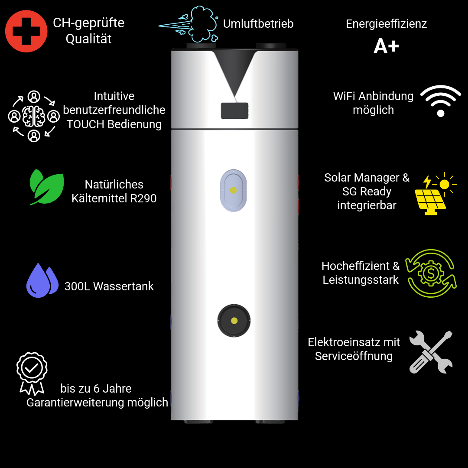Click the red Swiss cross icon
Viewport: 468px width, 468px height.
pos(26,31)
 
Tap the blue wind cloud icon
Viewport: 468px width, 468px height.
pos(188,24)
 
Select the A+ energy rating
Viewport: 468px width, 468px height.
pos(386,46)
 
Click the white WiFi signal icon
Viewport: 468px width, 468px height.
pos(441,101)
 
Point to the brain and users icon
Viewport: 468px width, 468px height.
pos(34,116)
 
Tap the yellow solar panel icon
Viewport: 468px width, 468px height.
pos(435,193)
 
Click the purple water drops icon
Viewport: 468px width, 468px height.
pos(42,280)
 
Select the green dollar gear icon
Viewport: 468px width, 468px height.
pos(431,273)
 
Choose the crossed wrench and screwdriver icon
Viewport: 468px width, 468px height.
pos(431,352)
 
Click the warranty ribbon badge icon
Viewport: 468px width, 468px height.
pos(32,374)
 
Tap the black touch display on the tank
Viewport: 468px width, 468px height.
pos(234,111)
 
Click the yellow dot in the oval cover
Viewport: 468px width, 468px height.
pos(234,190)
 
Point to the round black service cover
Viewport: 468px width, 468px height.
pos(234,321)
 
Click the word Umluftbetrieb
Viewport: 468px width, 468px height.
pos(258,24)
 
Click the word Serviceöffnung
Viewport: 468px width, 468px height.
pos(354,356)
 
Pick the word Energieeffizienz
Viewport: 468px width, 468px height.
pos(386,24)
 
